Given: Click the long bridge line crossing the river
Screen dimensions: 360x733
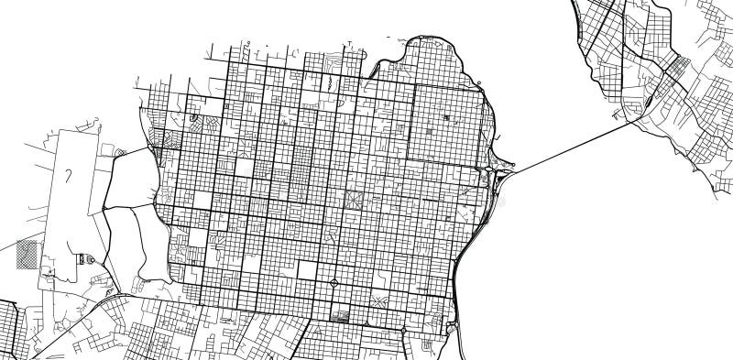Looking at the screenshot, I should (x=568, y=146).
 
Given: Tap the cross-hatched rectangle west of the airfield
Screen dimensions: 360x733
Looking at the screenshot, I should (x=28, y=254).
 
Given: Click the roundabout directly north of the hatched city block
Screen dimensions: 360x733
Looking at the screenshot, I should (x=334, y=282).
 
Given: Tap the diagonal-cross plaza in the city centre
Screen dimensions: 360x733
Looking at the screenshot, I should (x=353, y=199).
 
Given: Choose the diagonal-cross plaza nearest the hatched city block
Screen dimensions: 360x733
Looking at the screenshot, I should (x=378, y=301).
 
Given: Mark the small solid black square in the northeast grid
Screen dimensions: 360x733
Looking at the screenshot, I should (x=447, y=118).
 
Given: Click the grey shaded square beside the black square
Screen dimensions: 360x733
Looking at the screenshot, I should (x=431, y=129).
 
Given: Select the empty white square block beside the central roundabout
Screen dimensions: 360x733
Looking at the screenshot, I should (x=308, y=270).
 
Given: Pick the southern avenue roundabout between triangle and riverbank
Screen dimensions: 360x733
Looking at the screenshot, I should (x=404, y=328).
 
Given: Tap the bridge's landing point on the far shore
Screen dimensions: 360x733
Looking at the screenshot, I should (x=629, y=123).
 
